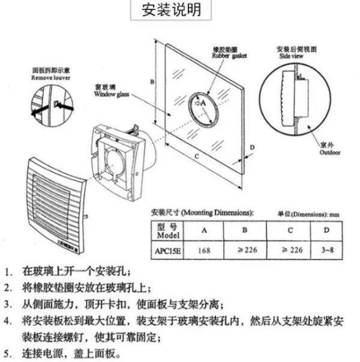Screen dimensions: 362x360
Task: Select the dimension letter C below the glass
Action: pos(196,156)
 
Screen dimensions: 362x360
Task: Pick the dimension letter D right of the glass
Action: pos(253,147)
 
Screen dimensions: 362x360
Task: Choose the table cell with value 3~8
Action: pos(326,248)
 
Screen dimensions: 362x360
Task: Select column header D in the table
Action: pos(326,230)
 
